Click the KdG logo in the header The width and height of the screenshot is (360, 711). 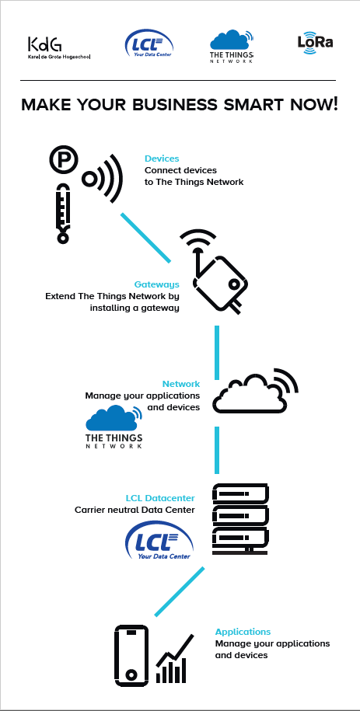(x=59, y=48)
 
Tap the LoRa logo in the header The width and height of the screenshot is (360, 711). (x=315, y=43)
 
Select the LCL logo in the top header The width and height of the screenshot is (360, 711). (x=149, y=44)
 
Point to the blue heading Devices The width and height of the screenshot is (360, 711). (x=162, y=159)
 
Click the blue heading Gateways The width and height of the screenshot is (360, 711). (x=156, y=284)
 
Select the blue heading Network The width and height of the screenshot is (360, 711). (x=181, y=384)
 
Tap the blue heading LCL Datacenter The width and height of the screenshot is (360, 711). (x=160, y=498)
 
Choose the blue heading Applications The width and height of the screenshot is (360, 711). (x=243, y=632)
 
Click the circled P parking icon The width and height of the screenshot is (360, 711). (x=64, y=160)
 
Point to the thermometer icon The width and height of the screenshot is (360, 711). (x=63, y=213)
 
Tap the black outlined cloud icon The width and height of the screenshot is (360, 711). (x=256, y=392)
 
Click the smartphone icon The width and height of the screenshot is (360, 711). (x=131, y=656)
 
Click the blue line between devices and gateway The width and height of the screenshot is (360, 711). (x=145, y=238)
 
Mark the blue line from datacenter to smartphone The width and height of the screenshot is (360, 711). (x=180, y=591)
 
